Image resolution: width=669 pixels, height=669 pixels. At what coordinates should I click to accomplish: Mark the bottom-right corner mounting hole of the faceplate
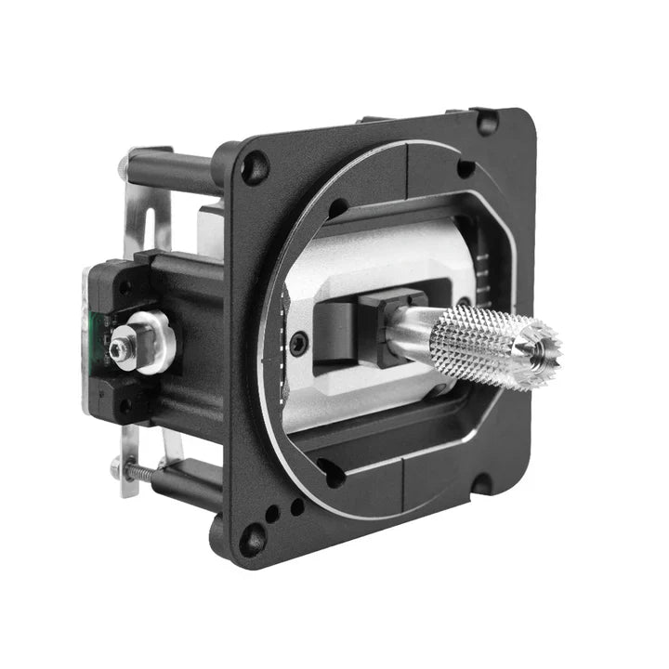481,484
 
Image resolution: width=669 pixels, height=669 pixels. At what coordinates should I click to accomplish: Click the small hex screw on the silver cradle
297,345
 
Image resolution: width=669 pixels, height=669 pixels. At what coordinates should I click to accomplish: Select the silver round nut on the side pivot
151,341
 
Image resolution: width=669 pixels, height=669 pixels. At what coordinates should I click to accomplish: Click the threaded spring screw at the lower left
139,471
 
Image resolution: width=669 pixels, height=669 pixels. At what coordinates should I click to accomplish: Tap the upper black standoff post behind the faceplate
172,173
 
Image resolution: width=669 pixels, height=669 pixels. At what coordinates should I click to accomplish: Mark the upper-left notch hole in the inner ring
336,209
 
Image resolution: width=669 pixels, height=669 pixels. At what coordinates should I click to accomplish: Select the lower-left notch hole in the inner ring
331,468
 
